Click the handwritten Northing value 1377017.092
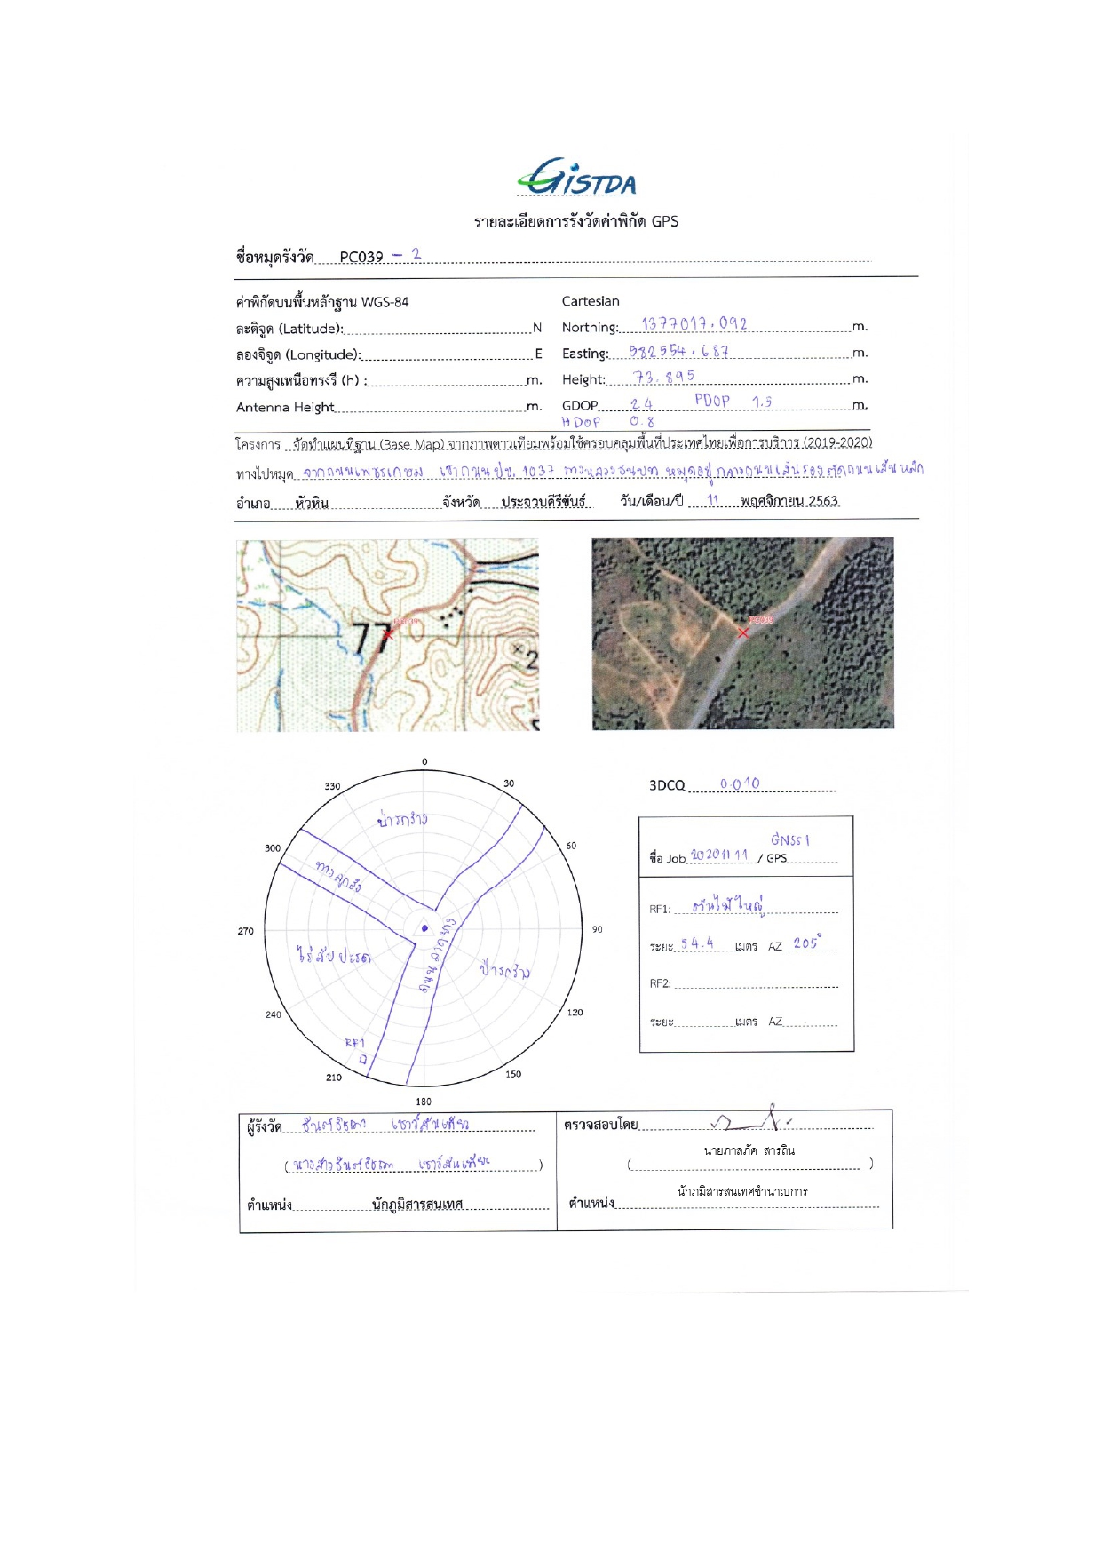(x=694, y=324)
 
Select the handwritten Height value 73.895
(x=663, y=377)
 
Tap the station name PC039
(x=361, y=257)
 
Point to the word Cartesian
(x=591, y=301)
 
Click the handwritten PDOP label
(x=712, y=401)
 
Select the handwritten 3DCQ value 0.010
(x=740, y=783)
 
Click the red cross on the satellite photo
(x=743, y=632)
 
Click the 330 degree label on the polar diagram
(x=332, y=786)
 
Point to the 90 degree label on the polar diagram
(x=598, y=929)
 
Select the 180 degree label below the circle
(x=424, y=1102)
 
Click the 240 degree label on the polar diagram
(x=274, y=1014)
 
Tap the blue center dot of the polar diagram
(x=424, y=928)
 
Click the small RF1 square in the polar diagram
(x=362, y=1059)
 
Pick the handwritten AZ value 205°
(x=807, y=943)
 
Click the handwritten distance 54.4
(x=697, y=943)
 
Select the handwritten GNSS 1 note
(x=789, y=839)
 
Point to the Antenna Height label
(x=285, y=407)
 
